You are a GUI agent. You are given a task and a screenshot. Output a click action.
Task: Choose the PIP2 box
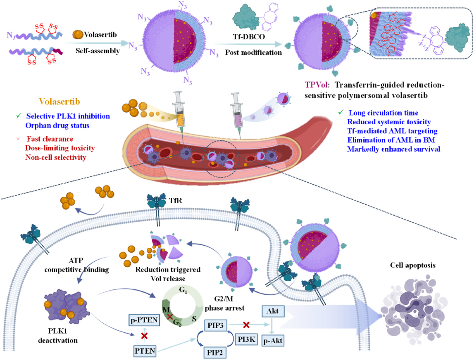(217, 352)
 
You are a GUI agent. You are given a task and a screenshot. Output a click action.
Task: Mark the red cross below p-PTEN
(144, 336)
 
